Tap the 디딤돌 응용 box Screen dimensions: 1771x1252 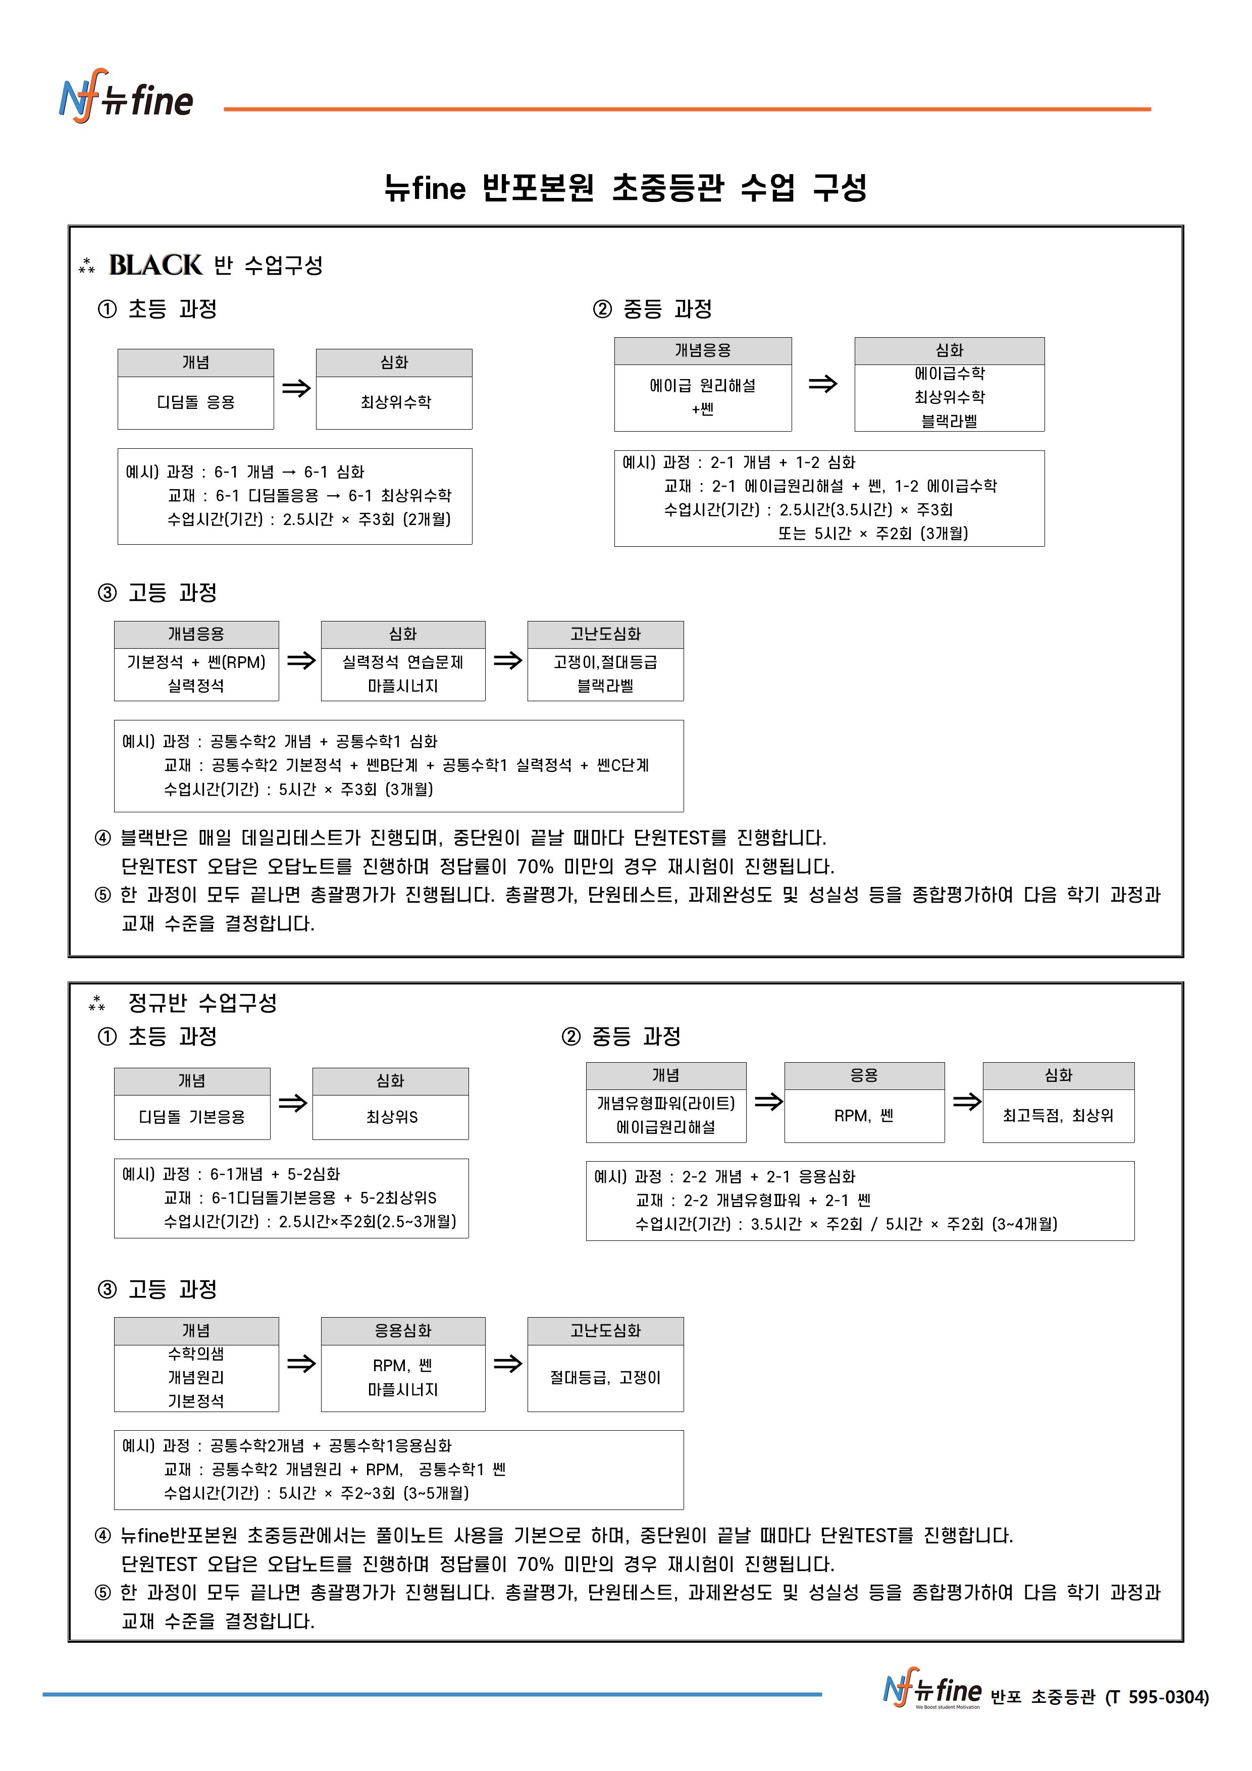[x=195, y=402]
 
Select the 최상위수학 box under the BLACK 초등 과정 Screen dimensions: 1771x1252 [x=394, y=402]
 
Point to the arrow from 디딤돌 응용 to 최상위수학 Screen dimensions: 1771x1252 [x=295, y=388]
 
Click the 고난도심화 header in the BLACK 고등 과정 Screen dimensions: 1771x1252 [x=606, y=634]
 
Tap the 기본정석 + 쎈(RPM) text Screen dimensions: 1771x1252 [x=196, y=662]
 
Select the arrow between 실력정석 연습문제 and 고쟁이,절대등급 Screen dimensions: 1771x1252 [x=507, y=660]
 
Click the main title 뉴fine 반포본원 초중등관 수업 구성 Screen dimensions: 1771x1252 [x=625, y=187]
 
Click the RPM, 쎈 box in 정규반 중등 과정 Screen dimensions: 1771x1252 [x=863, y=1115]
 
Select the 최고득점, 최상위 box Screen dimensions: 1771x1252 [x=1058, y=1115]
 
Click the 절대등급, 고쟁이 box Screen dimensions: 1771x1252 [x=606, y=1378]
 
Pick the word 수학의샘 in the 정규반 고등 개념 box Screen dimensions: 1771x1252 [x=196, y=1353]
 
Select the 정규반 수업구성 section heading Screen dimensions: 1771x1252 [x=202, y=1003]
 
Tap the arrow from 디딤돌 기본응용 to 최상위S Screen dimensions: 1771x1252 [x=292, y=1103]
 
